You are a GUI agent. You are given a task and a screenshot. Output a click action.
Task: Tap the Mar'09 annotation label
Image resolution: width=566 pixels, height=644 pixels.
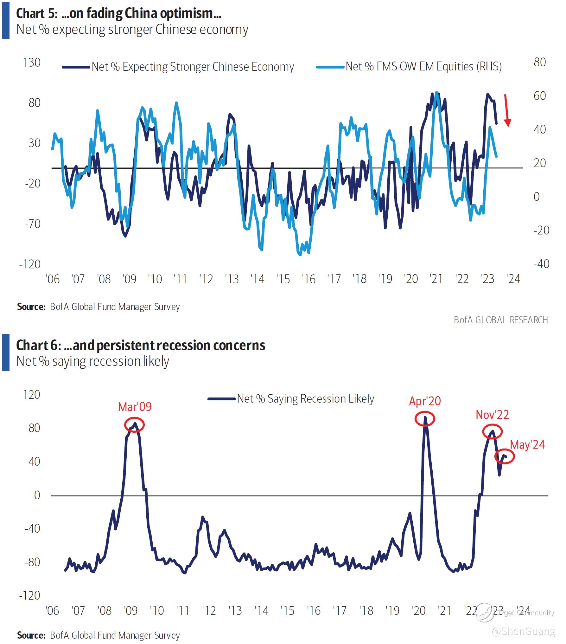[x=135, y=407]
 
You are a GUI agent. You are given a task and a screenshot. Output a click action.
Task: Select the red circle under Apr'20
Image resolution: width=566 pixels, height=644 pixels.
[x=425, y=419]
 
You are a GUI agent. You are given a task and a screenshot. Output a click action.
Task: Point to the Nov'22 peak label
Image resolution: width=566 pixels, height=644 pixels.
[x=492, y=415]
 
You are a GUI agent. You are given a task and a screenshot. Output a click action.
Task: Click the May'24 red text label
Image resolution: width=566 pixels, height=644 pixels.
[x=527, y=444]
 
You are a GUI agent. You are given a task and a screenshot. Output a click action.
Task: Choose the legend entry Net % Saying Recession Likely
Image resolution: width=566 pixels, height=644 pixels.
[x=305, y=398]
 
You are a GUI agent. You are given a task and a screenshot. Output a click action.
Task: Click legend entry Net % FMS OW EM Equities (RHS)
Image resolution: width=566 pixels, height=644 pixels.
[x=423, y=67]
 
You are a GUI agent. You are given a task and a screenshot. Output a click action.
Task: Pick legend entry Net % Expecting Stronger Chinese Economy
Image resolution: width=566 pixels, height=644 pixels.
[x=193, y=67]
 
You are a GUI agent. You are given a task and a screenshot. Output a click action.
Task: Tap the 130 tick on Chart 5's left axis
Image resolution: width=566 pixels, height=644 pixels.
[x=32, y=62]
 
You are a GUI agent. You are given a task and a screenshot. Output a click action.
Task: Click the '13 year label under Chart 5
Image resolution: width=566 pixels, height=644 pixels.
[x=232, y=279]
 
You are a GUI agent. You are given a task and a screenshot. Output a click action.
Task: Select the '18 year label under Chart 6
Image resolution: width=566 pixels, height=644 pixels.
[x=366, y=611]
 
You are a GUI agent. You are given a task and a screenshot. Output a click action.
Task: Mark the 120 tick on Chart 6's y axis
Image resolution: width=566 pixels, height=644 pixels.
[x=32, y=395]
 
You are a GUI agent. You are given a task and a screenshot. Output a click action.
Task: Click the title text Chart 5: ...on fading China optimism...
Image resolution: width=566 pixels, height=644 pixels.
[x=119, y=13]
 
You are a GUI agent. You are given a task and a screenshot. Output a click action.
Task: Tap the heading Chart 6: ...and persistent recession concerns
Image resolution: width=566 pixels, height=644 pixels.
[x=141, y=345]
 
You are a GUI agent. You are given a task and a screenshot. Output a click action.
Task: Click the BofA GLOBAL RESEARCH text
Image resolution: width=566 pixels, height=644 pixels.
[x=501, y=320]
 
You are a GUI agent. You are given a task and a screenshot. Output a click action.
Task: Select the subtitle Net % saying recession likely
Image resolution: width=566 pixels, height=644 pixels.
[x=93, y=361]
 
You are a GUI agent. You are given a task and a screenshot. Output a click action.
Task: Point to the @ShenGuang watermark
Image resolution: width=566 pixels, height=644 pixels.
[x=523, y=631]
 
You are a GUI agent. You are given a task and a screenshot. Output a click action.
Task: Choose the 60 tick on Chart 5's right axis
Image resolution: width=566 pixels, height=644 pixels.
[x=540, y=96]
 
